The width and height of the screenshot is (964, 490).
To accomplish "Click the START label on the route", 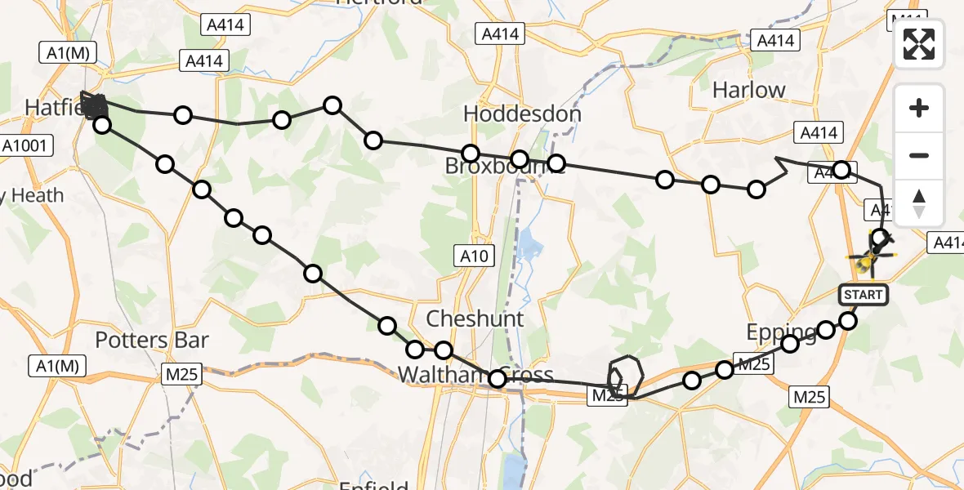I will click(864, 294).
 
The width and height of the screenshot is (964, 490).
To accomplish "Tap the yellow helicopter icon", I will click(868, 260).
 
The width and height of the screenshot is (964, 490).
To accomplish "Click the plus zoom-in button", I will click(919, 109).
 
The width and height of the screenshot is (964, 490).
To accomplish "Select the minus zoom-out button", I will click(919, 155).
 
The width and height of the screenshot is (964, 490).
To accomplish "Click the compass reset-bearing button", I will click(919, 203).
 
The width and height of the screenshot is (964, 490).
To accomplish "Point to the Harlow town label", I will click(748, 90).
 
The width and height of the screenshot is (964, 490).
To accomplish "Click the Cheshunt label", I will click(475, 318).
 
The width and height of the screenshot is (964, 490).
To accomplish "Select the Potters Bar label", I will click(152, 340).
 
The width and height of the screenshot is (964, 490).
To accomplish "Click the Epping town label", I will click(781, 331).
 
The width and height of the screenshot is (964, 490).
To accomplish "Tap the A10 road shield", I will click(474, 257).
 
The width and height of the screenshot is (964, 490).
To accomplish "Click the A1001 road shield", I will click(27, 146).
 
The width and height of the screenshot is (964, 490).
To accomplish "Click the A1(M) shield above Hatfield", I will click(68, 54).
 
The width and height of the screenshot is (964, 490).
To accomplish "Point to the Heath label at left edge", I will click(33, 195).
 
